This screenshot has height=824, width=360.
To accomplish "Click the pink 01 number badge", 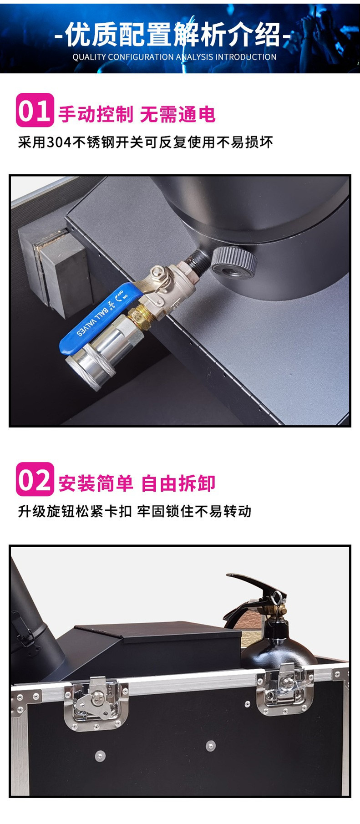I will (35, 110).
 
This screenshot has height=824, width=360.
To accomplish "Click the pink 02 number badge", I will (35, 479).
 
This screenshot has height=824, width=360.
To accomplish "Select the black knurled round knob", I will (233, 263).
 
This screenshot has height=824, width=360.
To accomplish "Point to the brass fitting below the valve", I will (137, 314).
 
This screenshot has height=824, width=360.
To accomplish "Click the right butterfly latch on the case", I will (284, 689).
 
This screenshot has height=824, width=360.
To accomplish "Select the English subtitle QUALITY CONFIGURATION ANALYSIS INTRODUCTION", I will (174, 57).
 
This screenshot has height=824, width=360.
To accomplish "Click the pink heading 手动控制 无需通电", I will (137, 114).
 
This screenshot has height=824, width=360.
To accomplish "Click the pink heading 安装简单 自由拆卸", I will (137, 483).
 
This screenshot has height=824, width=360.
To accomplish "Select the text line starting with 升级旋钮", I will (134, 511).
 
